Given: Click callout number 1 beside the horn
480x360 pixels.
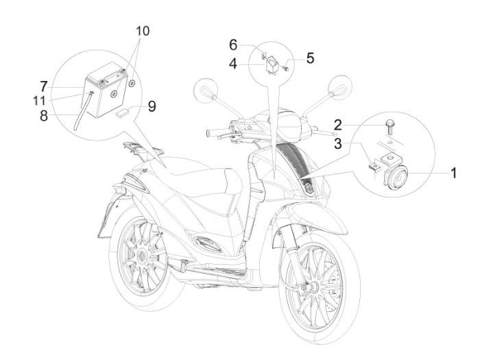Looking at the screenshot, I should point(453,174).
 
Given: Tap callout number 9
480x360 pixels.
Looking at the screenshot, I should point(152,106).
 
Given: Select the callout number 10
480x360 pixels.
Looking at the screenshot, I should point(142,32).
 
